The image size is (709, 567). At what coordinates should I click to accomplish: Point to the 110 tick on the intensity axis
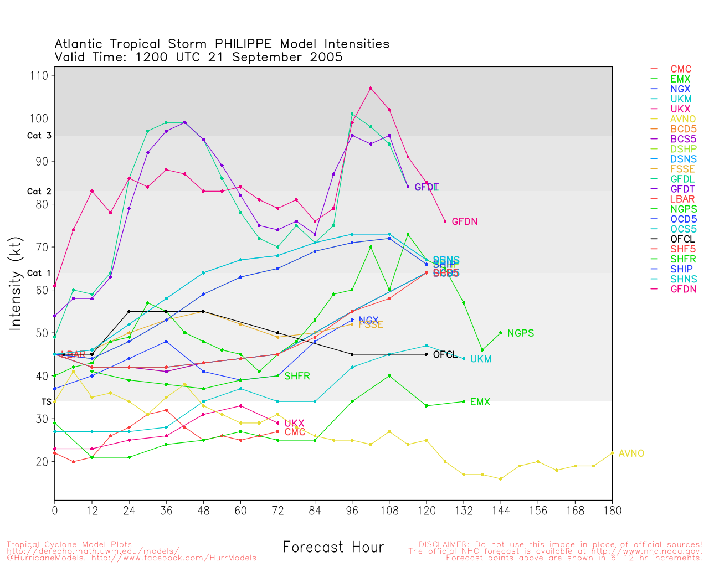(x=42, y=75)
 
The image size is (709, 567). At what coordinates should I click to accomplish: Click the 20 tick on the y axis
(x=42, y=462)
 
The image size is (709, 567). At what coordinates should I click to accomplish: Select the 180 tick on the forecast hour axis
(x=612, y=511)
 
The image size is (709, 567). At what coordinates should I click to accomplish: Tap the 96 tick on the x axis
(x=352, y=511)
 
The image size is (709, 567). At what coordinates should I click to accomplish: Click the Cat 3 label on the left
(x=39, y=136)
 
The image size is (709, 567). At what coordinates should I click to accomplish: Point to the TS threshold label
(x=47, y=401)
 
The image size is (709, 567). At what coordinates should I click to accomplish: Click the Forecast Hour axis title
(x=333, y=547)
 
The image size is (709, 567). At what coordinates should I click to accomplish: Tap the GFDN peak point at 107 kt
(x=371, y=88)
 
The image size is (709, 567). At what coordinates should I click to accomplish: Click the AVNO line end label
(x=631, y=453)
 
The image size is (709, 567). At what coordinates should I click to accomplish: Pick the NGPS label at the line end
(x=520, y=333)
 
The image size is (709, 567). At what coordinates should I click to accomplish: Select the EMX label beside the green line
(x=480, y=402)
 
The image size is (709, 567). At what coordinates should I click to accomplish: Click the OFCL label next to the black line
(x=445, y=355)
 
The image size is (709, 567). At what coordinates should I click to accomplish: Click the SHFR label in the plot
(x=297, y=377)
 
